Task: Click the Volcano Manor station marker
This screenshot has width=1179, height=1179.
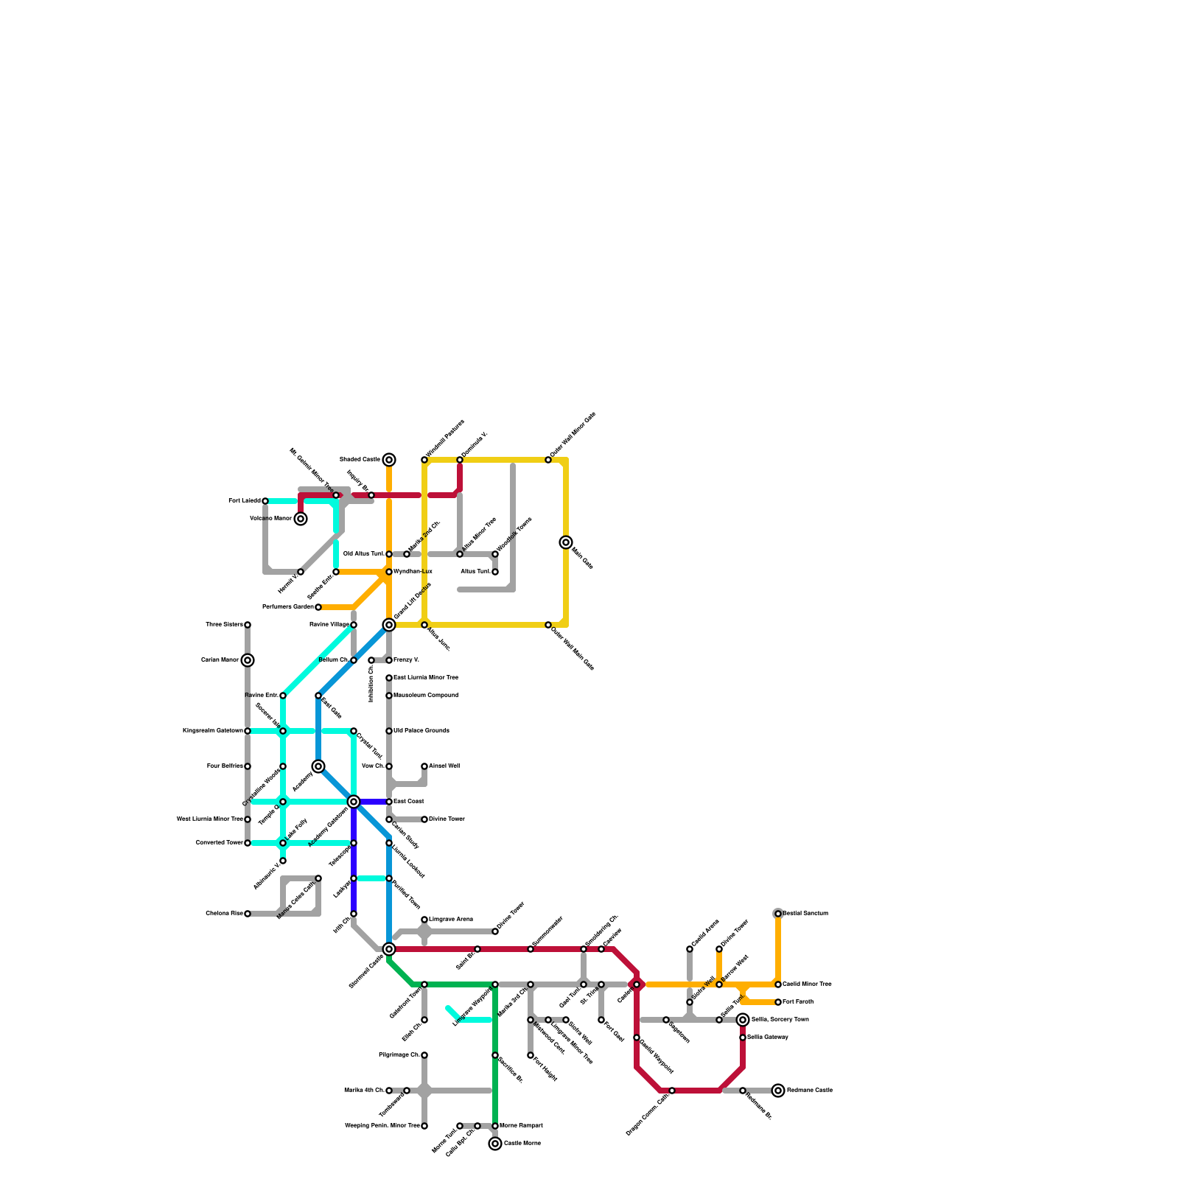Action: [x=301, y=519]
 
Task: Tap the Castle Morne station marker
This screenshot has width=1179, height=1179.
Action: [x=495, y=1144]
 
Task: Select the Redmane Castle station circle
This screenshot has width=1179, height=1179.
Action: [x=778, y=1091]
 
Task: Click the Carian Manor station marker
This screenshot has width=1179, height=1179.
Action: [x=248, y=660]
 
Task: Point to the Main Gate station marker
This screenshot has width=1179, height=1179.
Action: [x=566, y=542]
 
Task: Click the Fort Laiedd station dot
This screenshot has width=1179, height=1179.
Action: [x=265, y=501]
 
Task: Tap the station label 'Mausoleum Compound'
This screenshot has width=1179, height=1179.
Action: [x=426, y=696]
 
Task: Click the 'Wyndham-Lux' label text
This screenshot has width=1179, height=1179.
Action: [x=413, y=572]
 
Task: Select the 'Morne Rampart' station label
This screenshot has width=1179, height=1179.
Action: [x=522, y=1126]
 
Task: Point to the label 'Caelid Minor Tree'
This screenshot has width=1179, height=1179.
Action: [x=808, y=984]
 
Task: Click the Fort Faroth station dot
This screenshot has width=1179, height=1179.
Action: [x=778, y=1002]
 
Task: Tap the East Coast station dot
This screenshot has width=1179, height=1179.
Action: [x=389, y=802]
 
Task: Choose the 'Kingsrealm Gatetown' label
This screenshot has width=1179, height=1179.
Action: [x=213, y=731]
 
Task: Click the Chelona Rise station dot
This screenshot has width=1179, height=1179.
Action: [x=248, y=914]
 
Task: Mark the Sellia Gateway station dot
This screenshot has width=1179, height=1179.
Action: [x=743, y=1038]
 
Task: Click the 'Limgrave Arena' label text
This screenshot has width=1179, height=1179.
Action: [x=451, y=920]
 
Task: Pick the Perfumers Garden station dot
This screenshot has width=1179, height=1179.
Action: [x=318, y=607]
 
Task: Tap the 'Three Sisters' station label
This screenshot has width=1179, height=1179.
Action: [x=224, y=625]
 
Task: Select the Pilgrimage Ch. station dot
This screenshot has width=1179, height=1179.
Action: [x=424, y=1055]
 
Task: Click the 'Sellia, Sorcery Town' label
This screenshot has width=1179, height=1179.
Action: [x=780, y=1020]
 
